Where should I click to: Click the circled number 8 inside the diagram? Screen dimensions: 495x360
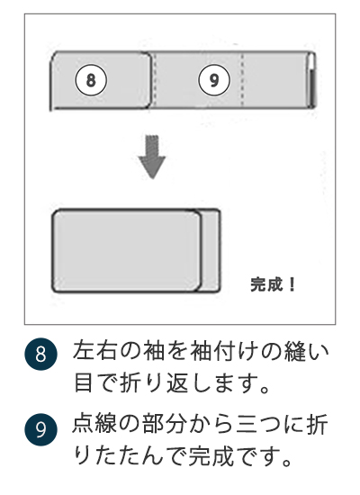pos(90,80)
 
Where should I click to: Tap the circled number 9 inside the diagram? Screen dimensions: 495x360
pos(213,80)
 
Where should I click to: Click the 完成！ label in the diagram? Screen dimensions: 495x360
pos(273,285)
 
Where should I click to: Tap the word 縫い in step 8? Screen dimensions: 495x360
pos(297,352)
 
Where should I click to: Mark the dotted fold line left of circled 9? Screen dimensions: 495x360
pos(155,80)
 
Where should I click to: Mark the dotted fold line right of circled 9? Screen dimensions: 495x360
pos(242,80)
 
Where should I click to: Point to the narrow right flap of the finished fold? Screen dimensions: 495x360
pos(209,252)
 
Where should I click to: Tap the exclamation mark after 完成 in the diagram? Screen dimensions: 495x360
pos(292,285)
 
